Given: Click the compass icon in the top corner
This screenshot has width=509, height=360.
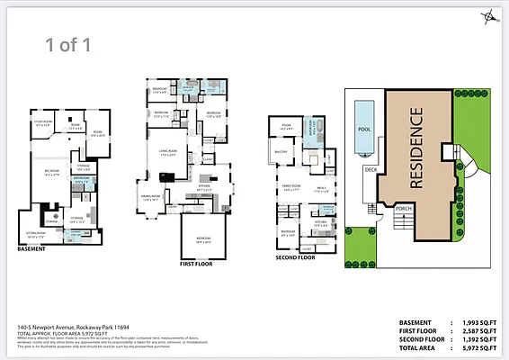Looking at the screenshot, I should pyautogui.click(x=487, y=15).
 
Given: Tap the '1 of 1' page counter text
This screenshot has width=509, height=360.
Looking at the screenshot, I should pyautogui.click(x=68, y=42).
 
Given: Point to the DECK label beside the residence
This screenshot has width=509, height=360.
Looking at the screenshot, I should pyautogui.click(x=369, y=168).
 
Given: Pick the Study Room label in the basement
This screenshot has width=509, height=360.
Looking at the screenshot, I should pyautogui.click(x=43, y=122).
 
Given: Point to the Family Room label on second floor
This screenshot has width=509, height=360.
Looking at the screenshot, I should pyautogui.click(x=290, y=187).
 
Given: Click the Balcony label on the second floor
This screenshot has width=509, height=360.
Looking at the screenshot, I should pyautogui.click(x=280, y=152).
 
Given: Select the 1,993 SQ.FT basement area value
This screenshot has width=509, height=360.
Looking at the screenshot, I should pyautogui.click(x=475, y=321).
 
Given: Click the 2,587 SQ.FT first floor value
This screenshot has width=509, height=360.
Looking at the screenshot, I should pyautogui.click(x=475, y=329).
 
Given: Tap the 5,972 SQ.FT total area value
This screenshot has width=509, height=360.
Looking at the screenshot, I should pyautogui.click(x=475, y=346).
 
